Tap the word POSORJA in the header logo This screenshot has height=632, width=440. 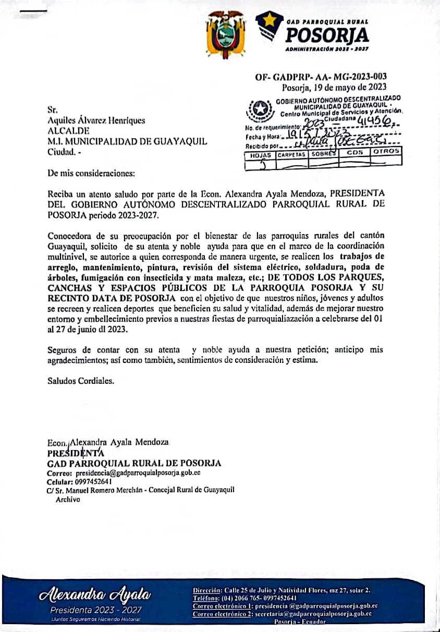pos(328,35)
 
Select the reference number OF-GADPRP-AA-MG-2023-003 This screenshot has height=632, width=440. pos(321,77)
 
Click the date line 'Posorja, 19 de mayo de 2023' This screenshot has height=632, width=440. pos(334,88)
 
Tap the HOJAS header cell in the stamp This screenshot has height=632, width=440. pos(260,155)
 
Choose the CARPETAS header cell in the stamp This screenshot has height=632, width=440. pos(292,155)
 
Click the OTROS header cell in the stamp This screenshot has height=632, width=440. pos(386,151)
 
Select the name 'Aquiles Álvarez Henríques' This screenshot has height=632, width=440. pos(96,120)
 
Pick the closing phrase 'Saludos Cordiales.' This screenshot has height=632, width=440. pos(80,381)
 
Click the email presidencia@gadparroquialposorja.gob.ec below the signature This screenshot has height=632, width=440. pos(138,473)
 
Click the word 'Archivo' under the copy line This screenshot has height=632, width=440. pos(68,499)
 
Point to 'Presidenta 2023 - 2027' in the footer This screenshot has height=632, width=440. pos(95,610)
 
